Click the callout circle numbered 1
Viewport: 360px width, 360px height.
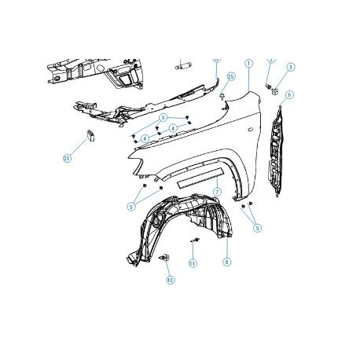coord(248,62)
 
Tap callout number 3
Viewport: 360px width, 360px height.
coord(290,68)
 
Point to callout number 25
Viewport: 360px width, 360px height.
coord(231,76)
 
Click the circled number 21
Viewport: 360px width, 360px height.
coord(67,159)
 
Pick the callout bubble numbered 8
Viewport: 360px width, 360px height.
coord(226,262)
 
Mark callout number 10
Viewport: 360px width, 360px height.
coord(170,279)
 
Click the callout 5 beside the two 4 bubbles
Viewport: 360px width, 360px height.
coord(163,118)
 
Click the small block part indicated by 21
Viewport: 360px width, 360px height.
coord(89,134)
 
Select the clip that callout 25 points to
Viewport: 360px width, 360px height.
coord(223,96)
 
